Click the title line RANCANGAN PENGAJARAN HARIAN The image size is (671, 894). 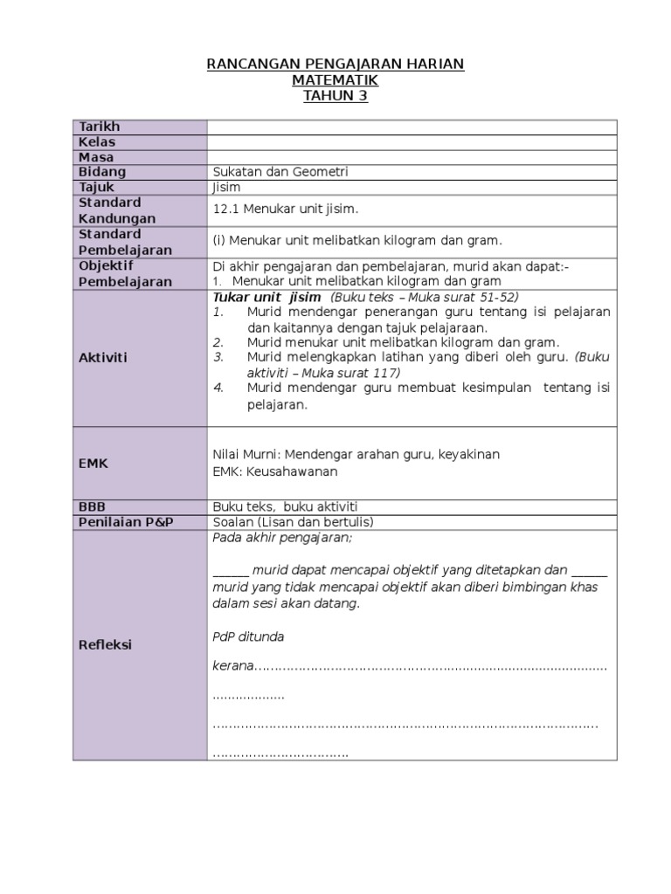pyautogui.click(x=335, y=65)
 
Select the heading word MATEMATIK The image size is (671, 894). pyautogui.click(x=335, y=80)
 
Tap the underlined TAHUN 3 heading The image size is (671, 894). pyautogui.click(x=335, y=96)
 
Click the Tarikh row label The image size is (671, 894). pyautogui.click(x=99, y=127)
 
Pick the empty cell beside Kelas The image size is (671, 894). pyautogui.click(x=412, y=141)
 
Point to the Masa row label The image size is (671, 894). pyautogui.click(x=96, y=157)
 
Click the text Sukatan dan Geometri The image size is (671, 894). pyautogui.click(x=280, y=172)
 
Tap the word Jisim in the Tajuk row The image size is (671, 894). pyautogui.click(x=226, y=187)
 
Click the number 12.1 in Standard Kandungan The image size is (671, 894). pyautogui.click(x=225, y=210)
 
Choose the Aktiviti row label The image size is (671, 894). pyautogui.click(x=103, y=358)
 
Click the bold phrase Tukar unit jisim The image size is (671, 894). pyautogui.click(x=260, y=297)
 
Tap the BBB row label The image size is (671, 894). pyautogui.click(x=92, y=506)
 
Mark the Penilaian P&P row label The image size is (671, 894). pyautogui.click(x=126, y=521)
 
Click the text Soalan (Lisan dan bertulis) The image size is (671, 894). pyautogui.click(x=293, y=521)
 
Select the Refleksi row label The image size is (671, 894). pyautogui.click(x=105, y=644)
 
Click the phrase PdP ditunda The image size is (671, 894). pyautogui.click(x=248, y=636)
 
